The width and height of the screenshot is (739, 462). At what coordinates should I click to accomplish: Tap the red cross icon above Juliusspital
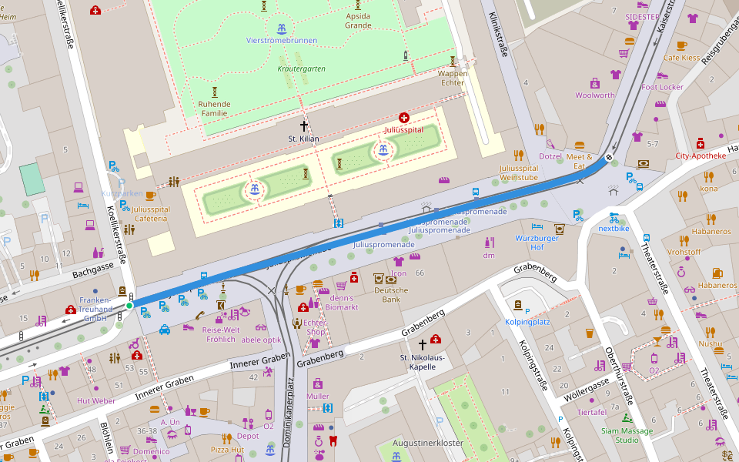point(404,118)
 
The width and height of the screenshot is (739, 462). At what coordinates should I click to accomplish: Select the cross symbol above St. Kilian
point(304,125)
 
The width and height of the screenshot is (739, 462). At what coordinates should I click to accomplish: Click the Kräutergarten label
point(301,69)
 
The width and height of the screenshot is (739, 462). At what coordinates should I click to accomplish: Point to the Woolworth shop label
point(594,95)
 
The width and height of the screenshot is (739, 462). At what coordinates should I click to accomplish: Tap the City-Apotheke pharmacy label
point(701,156)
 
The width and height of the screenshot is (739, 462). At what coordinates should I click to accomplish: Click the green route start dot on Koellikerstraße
point(129,306)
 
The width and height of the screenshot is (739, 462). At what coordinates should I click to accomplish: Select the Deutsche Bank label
point(391,295)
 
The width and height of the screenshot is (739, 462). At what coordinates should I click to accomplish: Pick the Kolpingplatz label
point(527,321)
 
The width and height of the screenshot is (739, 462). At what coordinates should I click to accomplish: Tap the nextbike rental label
point(614,229)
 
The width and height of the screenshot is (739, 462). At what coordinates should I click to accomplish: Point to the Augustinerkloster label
point(427,444)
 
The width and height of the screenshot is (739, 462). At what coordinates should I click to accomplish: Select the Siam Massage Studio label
point(627,435)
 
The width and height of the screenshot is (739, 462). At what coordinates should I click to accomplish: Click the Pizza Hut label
point(227,449)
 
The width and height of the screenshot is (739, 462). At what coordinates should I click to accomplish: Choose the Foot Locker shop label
point(662,87)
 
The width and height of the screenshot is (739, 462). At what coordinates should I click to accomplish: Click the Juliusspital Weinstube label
point(519,172)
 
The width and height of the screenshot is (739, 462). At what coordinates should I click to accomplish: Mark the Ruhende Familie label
point(214,109)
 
